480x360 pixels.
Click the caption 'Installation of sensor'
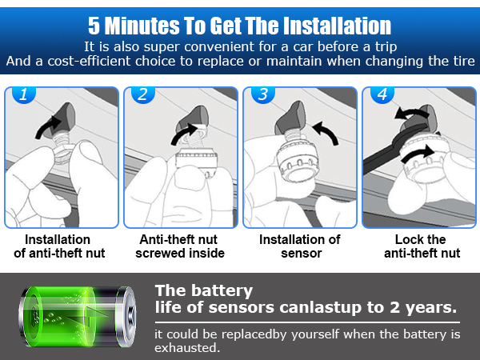click(300, 246)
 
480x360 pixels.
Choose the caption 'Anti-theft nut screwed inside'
click(180, 246)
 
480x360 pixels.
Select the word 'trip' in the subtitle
click(382, 46)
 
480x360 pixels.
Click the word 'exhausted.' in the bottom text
click(186, 349)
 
